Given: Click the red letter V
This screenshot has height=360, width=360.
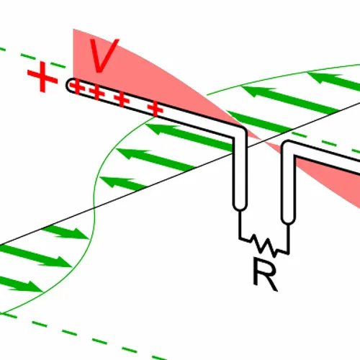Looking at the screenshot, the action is (x=103, y=55).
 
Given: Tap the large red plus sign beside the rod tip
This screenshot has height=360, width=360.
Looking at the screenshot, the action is (x=42, y=77).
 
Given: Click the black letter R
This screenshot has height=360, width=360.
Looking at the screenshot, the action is (x=264, y=274).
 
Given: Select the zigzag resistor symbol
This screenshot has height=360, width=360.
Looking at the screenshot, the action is (x=264, y=246).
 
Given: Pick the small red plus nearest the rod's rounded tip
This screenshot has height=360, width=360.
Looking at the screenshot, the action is (x=77, y=87).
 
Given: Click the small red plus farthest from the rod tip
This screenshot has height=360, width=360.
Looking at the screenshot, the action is (x=156, y=109).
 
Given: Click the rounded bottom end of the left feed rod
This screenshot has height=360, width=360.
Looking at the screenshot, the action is (x=240, y=207).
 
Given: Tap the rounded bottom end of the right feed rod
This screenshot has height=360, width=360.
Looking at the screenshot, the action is (x=288, y=220).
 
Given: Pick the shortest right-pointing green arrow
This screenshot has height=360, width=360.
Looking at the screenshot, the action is (x=66, y=233).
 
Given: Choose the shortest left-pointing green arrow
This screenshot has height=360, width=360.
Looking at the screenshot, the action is (x=123, y=184).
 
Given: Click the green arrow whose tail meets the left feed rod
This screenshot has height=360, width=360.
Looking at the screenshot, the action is (x=189, y=137).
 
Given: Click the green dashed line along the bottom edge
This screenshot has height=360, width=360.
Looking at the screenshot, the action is (x=84, y=336).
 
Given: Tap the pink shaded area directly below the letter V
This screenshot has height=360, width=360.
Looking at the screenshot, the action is (x=125, y=79).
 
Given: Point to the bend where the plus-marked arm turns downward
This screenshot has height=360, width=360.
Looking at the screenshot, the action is (x=240, y=130).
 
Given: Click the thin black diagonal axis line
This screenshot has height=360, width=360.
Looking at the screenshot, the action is (x=180, y=174).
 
